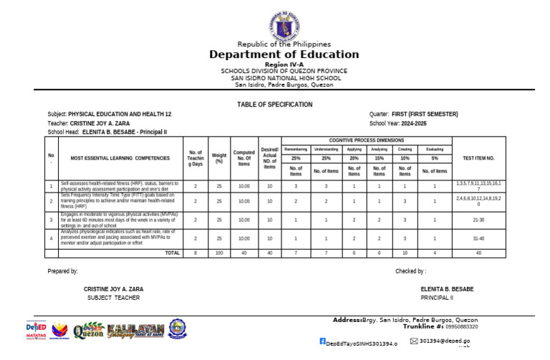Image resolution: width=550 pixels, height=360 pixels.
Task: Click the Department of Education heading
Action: [284, 54]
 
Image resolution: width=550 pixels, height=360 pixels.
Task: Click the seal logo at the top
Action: [284, 26]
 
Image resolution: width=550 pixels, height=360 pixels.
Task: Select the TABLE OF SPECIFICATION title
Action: [275, 104]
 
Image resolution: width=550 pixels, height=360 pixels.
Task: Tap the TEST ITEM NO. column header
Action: [479, 157]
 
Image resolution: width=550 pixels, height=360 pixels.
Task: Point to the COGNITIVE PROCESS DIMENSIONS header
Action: [366, 140]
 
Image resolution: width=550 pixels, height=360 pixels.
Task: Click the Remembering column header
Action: [295, 149]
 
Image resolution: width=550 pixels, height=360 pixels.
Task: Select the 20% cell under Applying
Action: [354, 157]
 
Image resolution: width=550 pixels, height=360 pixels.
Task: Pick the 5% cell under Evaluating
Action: [435, 157]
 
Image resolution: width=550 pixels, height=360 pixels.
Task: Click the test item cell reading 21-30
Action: [479, 220]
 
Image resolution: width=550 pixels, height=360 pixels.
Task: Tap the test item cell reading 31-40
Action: [479, 238]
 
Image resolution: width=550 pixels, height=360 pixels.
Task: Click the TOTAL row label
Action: [172, 253]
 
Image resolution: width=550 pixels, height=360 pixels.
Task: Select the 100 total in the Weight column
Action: [219, 253]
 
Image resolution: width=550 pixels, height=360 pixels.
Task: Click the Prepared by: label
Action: [63, 271]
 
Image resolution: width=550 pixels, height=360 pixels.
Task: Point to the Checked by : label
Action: [410, 271]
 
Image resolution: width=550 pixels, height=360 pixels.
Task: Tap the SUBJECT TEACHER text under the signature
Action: [113, 298]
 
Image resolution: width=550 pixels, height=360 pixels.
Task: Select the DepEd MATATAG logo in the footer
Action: [36, 330]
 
